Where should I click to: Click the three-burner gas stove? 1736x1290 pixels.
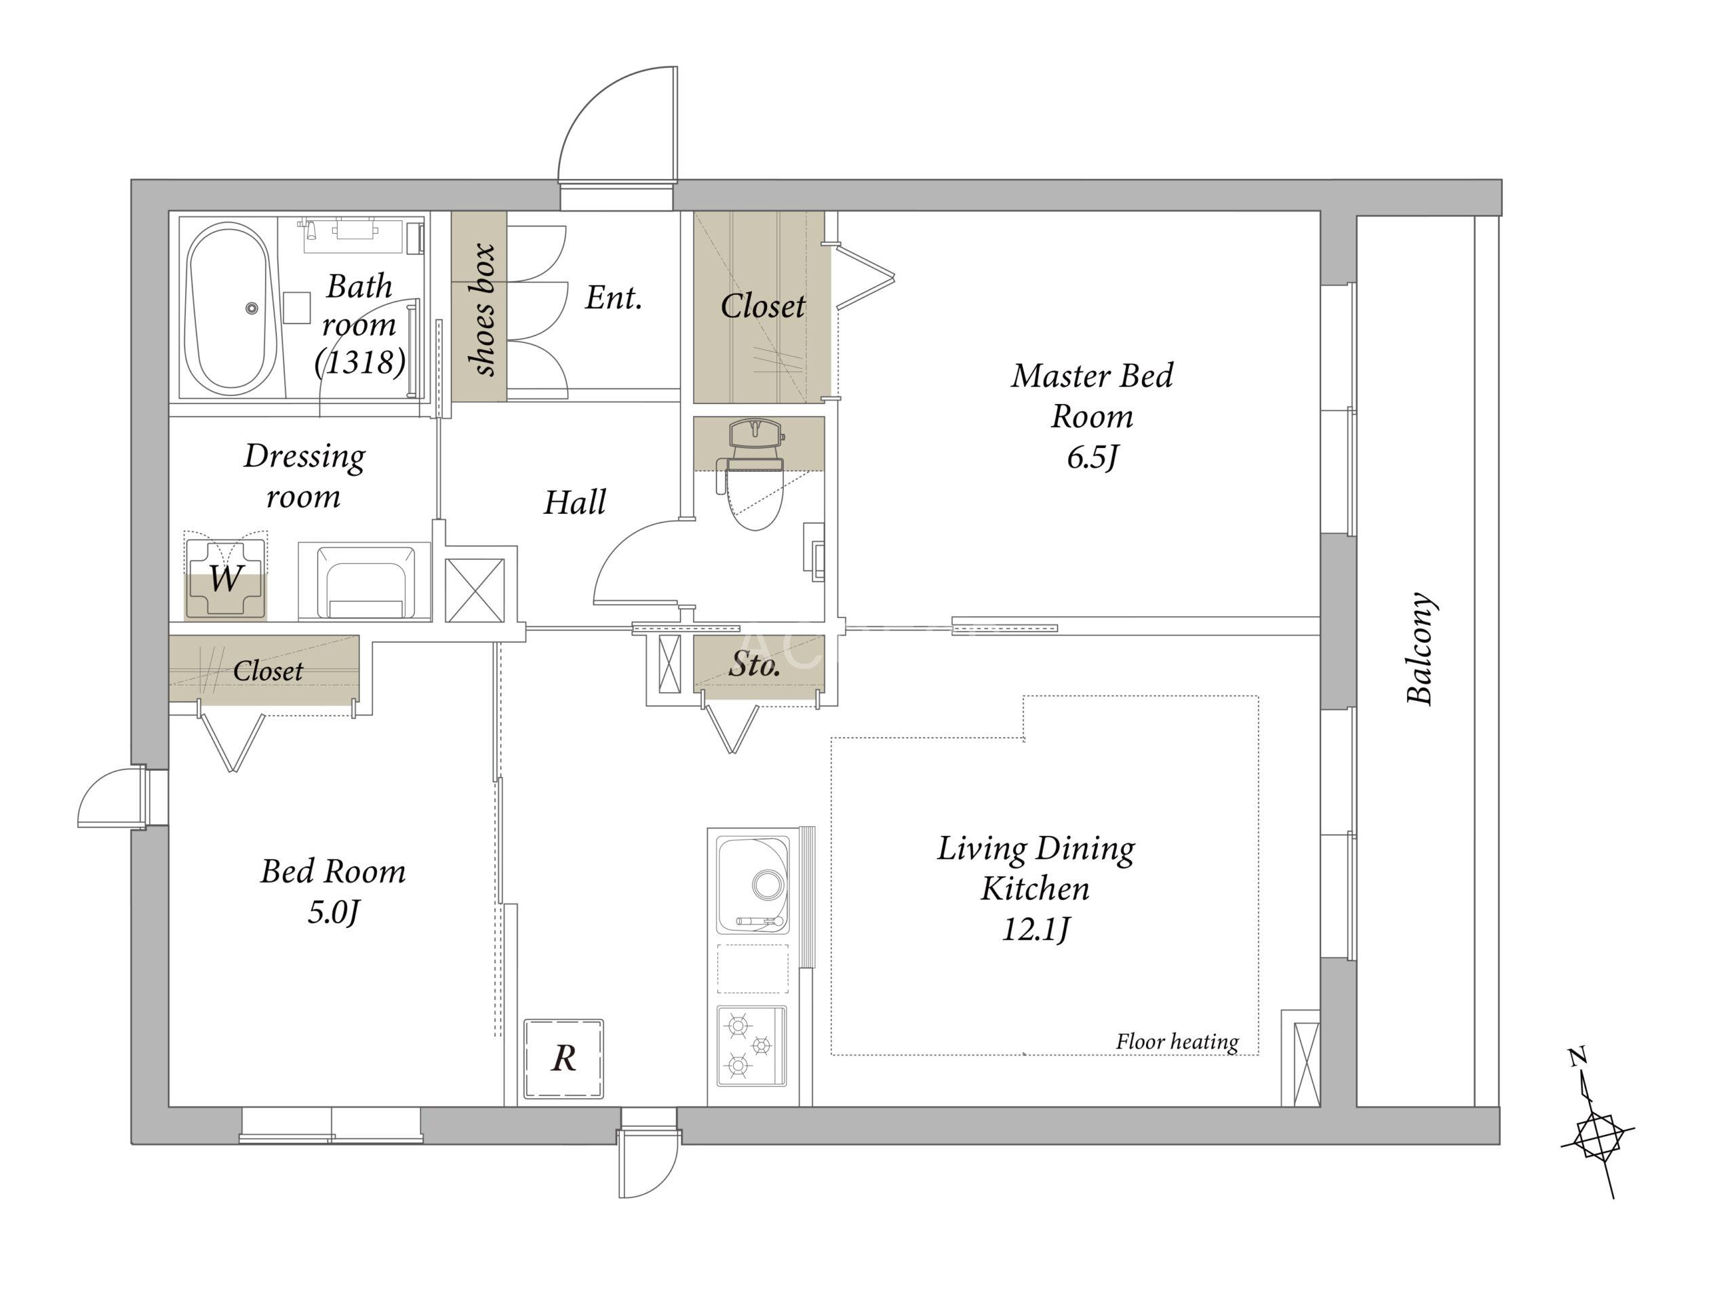(751, 1045)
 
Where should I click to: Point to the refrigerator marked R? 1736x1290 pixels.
(563, 1059)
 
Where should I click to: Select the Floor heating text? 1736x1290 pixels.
(1177, 1042)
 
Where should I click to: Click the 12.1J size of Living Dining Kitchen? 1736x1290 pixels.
(1035, 930)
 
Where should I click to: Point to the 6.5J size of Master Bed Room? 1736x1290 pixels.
(1092, 458)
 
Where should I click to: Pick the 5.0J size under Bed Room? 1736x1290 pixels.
(333, 912)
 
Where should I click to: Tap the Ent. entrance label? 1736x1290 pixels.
(614, 298)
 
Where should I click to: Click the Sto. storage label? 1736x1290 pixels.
(754, 664)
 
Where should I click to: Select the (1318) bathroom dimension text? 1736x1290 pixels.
(360, 362)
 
